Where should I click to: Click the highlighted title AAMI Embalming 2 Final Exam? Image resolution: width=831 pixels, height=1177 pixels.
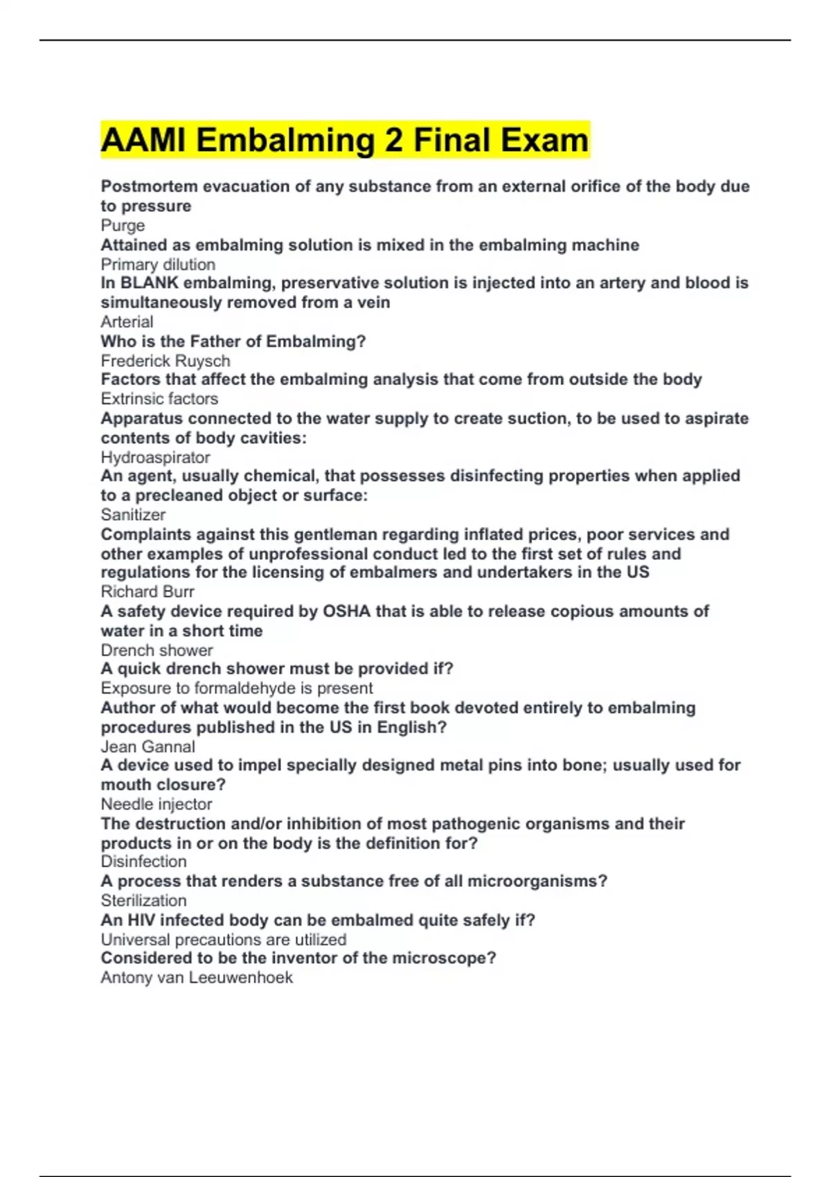coord(345,140)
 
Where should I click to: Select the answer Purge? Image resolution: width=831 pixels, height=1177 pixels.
coord(123,226)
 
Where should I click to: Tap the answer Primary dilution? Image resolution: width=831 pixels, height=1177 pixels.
coord(158,264)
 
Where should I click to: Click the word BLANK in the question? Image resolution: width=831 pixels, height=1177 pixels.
coord(150,283)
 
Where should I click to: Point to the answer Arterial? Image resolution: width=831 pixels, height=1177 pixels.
coord(127,322)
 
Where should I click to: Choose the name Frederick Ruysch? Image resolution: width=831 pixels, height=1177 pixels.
coord(165,361)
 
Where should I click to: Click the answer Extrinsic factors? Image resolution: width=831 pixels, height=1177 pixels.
coord(159,399)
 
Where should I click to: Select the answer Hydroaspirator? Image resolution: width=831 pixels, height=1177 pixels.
coord(155,458)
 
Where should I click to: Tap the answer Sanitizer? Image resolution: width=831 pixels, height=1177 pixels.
coord(133,514)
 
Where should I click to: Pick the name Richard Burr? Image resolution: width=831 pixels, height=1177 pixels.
coord(148,592)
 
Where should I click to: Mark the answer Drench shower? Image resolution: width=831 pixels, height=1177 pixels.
coord(157,651)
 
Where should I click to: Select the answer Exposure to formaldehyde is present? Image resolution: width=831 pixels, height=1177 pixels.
coord(237,688)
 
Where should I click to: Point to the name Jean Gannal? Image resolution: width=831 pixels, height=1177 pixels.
coord(148,747)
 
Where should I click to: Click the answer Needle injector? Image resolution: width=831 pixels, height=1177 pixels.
coord(157,805)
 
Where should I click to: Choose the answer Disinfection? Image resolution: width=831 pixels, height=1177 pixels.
coord(143,861)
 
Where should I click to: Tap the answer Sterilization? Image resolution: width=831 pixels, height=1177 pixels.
coord(143,901)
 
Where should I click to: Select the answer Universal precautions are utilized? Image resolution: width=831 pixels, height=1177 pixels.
coord(223,940)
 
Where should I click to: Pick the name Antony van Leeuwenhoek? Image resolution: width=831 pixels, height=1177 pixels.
coord(197,978)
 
